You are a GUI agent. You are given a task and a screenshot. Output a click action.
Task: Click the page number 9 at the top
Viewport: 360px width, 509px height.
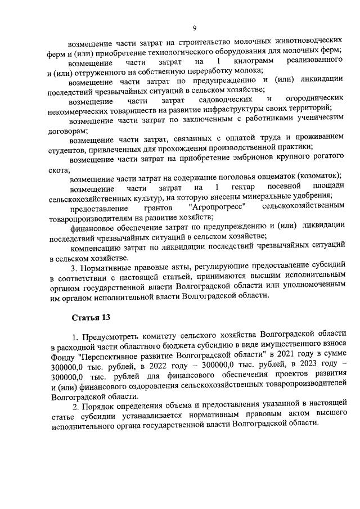click(193, 28)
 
